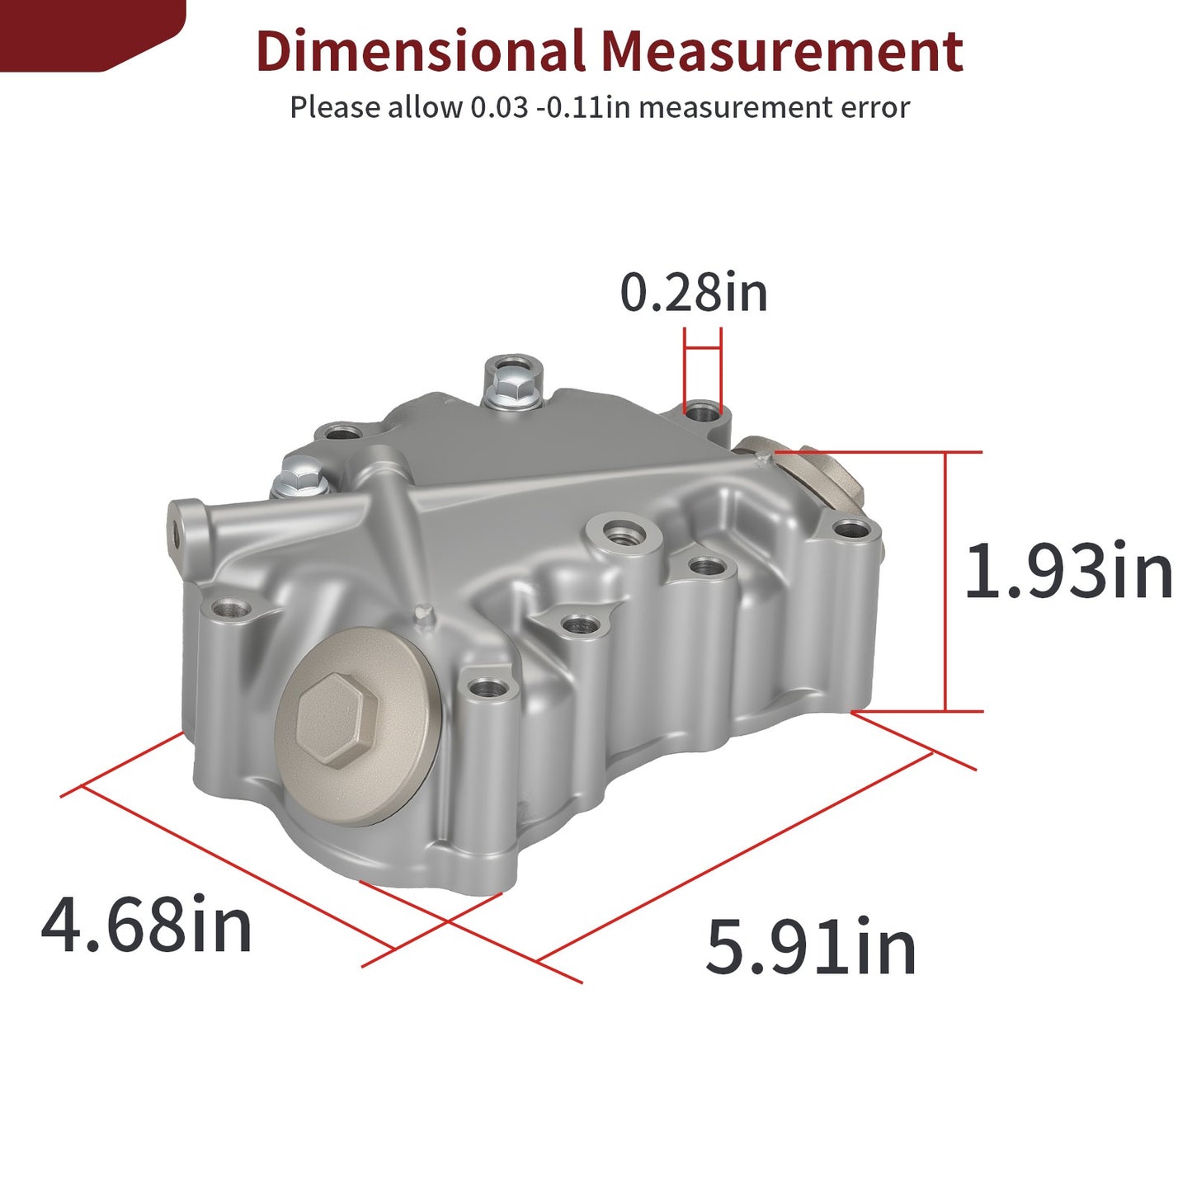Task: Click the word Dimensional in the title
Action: pos(421,50)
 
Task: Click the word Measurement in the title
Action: pos(782,50)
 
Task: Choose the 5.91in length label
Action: pos(811,946)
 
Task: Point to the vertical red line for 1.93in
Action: pos(945,582)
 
